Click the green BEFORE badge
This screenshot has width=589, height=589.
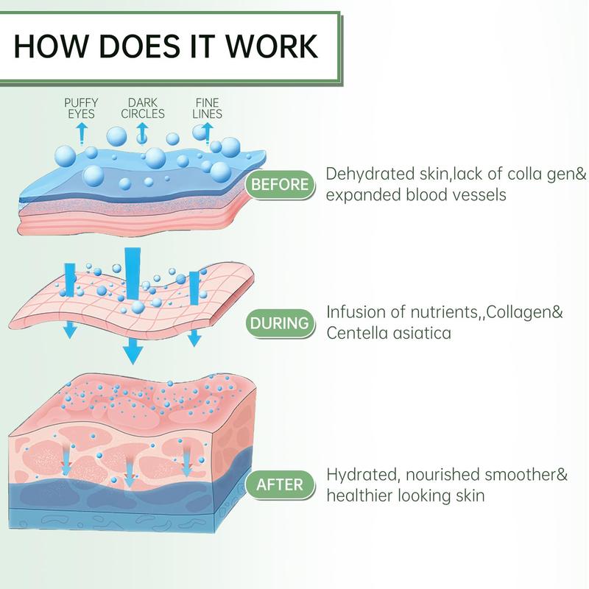pos(280,185)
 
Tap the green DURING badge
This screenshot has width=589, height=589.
pos(280,323)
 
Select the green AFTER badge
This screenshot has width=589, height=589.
pos(280,484)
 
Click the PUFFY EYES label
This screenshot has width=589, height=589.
pos(81,108)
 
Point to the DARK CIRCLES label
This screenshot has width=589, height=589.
pos(143,108)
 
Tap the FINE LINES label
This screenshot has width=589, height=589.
pos(207,108)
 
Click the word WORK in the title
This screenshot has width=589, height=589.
pos(271,46)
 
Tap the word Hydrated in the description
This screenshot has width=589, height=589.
pos(362,475)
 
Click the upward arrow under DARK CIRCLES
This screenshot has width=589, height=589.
pos(142,134)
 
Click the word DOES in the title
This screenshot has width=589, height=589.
pos(143,46)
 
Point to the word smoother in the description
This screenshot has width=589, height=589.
pos(521,475)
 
